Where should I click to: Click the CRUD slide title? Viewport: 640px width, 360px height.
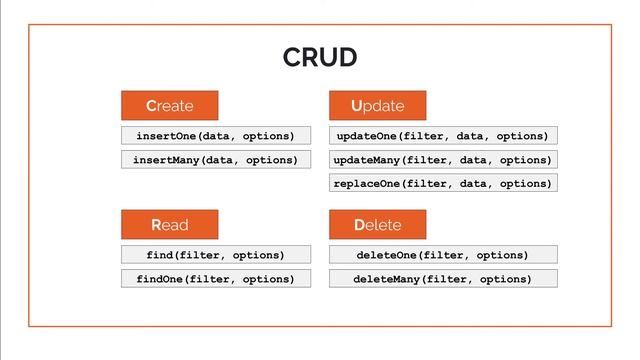319,58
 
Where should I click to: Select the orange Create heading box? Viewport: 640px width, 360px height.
170,106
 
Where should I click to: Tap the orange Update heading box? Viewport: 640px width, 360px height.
378,106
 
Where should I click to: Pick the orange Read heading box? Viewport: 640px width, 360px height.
170,224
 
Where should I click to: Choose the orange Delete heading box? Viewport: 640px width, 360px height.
378,224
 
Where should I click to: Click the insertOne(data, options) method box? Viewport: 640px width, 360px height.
216,136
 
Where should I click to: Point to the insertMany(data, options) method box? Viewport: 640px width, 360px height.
216,160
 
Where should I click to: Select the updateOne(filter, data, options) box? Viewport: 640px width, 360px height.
443,136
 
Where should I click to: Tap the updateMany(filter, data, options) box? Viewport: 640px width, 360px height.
443,160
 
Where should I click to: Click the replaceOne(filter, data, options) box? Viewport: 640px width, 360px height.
443,184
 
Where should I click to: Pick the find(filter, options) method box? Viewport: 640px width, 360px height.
216,255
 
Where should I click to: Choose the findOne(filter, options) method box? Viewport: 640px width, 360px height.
216,279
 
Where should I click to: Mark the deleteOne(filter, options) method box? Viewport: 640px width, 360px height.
443,255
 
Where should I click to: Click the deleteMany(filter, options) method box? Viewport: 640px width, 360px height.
443,279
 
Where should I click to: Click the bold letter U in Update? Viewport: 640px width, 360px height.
357,106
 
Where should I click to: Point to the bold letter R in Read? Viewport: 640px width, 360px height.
157,224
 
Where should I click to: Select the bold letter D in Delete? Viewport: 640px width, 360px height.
360,224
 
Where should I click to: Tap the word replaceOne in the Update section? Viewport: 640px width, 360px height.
369,184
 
